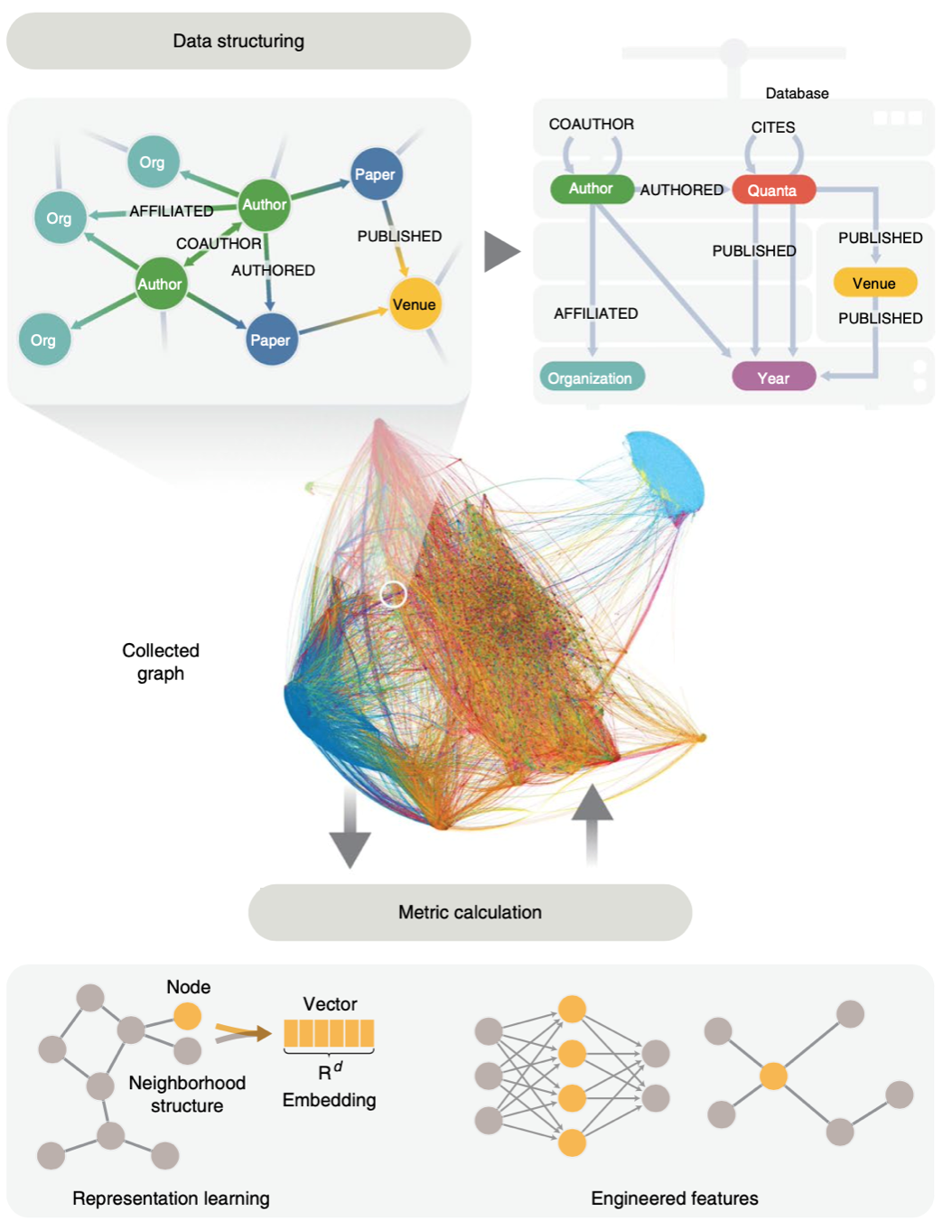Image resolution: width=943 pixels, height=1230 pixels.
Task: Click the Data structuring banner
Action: pos(238,42)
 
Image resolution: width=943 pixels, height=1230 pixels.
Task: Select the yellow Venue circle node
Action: pos(414,304)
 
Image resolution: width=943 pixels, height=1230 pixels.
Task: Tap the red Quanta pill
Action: pos(772,191)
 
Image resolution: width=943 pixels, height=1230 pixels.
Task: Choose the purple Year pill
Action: pos(773,377)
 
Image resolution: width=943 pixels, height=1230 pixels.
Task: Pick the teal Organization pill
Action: pos(591,377)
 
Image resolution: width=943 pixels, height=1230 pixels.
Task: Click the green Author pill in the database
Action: pos(591,189)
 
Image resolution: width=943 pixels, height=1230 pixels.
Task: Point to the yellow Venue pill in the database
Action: pos(873,283)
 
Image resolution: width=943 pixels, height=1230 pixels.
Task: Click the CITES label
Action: pos(773,127)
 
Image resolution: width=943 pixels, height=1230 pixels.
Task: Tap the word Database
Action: pos(797,93)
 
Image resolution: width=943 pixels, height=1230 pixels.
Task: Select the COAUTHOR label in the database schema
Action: pos(592,125)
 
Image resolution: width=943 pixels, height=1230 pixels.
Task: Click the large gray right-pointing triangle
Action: pos(500,251)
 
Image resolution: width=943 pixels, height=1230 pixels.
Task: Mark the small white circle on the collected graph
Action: pos(393,593)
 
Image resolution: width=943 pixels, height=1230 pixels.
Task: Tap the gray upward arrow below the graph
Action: pos(592,822)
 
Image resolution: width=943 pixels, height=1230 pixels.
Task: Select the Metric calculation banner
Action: pos(470,912)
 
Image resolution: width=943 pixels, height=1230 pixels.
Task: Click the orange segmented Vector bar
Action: pos(329,1033)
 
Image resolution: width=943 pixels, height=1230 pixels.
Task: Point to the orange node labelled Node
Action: pos(187,1016)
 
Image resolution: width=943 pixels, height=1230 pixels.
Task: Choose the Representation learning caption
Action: pos(171,1198)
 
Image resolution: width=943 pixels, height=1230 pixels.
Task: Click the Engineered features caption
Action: pos(675,1198)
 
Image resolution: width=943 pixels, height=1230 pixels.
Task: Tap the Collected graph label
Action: pos(161,662)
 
